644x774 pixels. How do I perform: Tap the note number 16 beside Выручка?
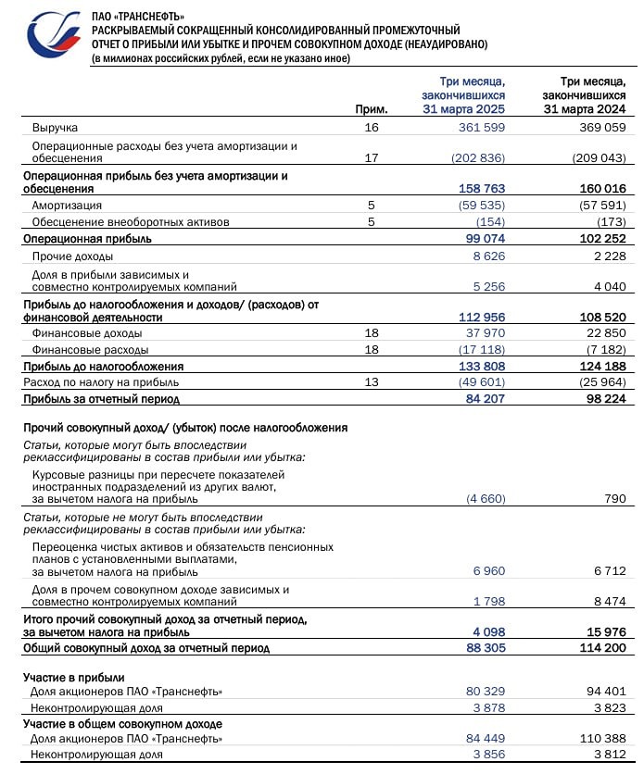tap(373, 127)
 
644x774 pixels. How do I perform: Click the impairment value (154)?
tap(491, 221)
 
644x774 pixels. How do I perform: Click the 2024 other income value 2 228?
tap(609, 255)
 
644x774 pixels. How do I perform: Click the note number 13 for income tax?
tap(373, 382)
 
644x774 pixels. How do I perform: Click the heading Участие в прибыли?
tap(73, 678)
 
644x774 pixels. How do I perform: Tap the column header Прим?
tap(371, 108)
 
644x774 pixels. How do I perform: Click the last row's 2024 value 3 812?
tap(609, 755)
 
